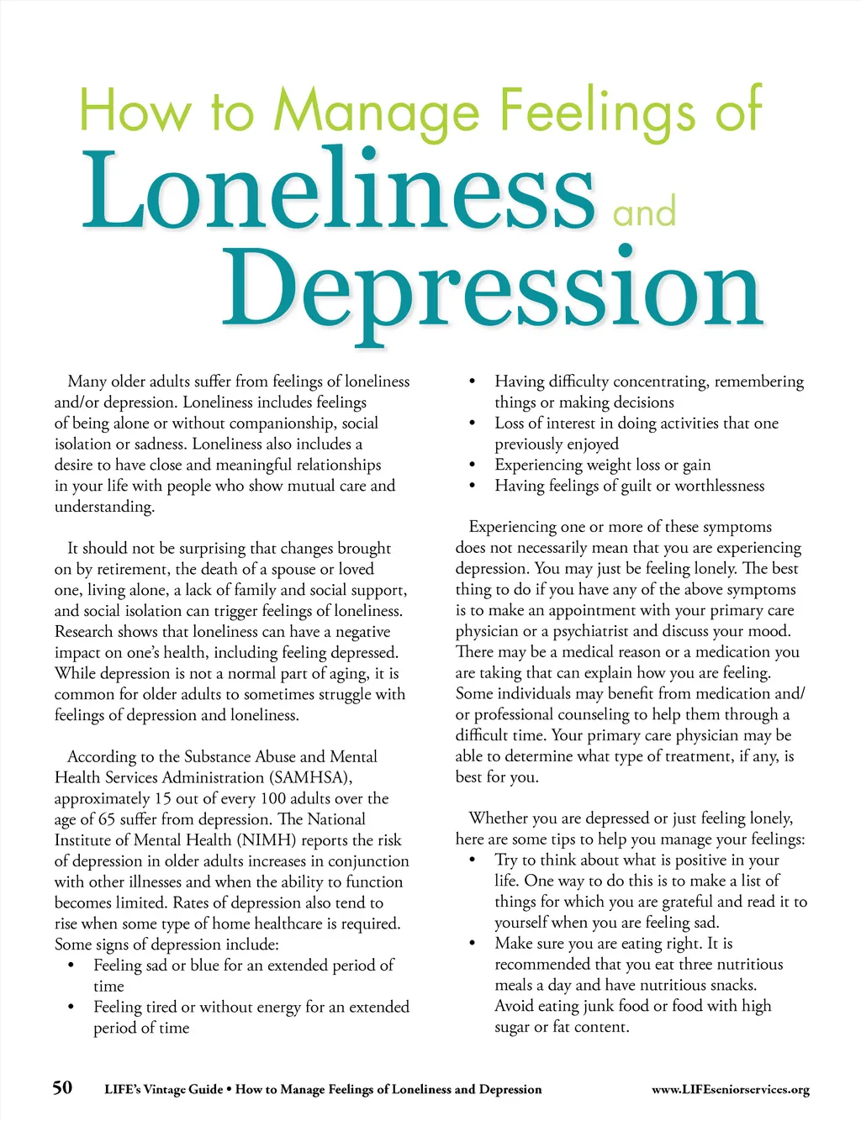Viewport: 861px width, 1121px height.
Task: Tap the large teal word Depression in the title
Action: (492, 290)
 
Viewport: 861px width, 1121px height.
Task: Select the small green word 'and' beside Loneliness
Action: (644, 212)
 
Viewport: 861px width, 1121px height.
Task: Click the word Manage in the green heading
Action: (377, 112)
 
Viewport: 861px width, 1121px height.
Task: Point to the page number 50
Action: (62, 1088)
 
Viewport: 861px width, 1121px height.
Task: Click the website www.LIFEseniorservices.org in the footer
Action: (730, 1090)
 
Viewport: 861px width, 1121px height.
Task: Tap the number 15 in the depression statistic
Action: (163, 798)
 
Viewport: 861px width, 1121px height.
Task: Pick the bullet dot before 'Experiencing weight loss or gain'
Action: (473, 466)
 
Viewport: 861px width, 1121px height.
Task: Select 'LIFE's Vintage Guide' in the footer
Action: (163, 1090)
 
